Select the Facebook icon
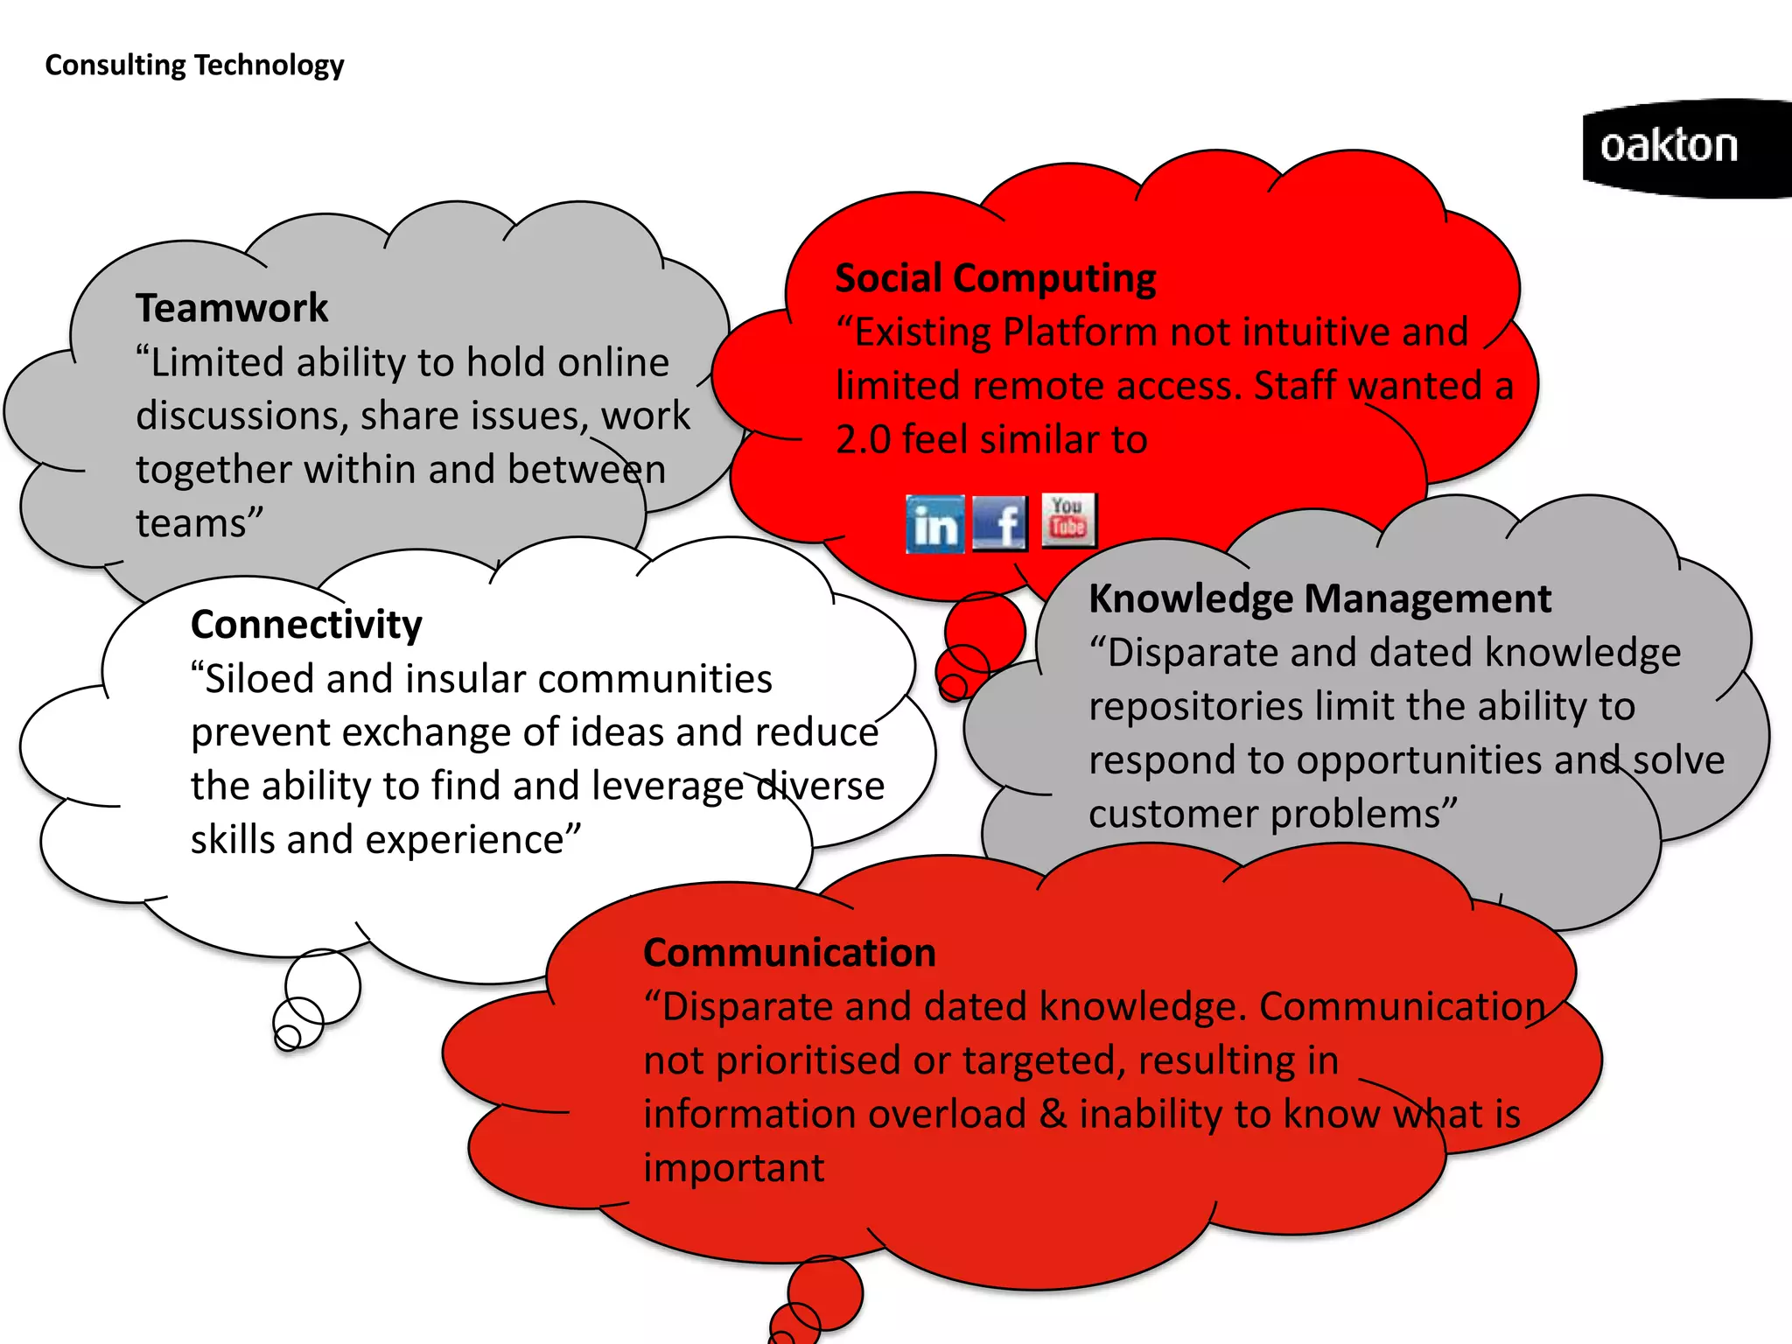(x=1000, y=523)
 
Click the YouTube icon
(x=1068, y=520)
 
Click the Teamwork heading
(x=232, y=308)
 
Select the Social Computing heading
(x=995, y=278)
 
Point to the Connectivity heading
(x=306, y=625)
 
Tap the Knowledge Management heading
(x=1319, y=599)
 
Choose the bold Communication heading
(x=789, y=953)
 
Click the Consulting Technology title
(x=194, y=65)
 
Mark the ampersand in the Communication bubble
(x=1053, y=1114)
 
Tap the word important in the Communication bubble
(x=733, y=1168)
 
